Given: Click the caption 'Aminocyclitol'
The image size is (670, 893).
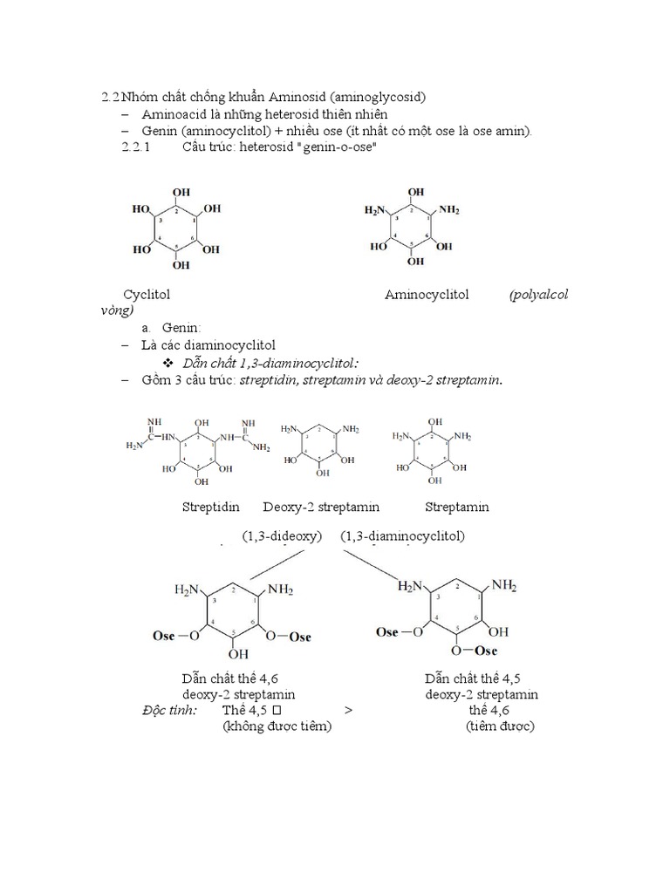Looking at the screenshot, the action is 427,295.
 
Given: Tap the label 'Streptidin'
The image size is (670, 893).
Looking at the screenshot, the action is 211,507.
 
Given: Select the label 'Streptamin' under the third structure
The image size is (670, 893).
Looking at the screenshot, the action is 457,507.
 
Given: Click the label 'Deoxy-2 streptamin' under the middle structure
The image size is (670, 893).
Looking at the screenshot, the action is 321,507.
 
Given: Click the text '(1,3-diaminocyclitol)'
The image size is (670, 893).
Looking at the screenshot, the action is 403,535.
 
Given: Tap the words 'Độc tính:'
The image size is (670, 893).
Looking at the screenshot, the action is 169,711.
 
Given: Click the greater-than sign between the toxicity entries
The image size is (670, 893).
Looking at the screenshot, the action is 348,711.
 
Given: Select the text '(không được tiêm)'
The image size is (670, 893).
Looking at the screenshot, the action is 277,726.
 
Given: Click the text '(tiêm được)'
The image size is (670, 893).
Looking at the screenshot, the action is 500,726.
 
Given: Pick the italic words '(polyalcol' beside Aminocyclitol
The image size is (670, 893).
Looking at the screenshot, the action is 539,295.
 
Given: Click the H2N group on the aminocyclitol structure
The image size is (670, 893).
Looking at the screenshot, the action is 375,210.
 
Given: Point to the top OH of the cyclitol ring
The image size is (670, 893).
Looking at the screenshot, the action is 181,192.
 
